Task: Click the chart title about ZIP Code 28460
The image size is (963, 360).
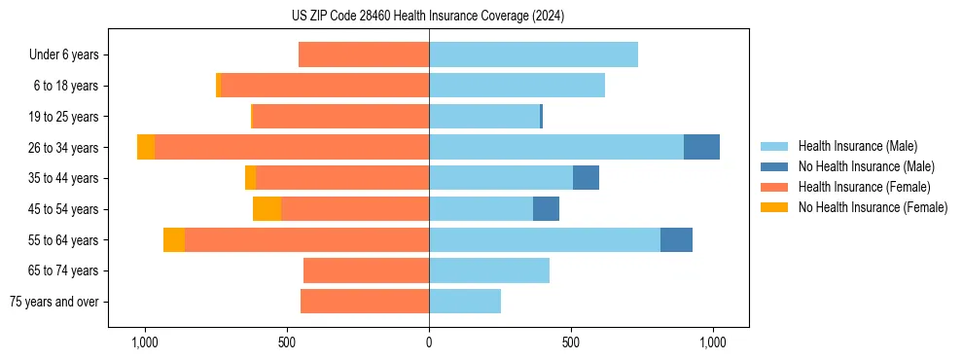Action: (428, 17)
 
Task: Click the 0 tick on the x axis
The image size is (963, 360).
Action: (429, 342)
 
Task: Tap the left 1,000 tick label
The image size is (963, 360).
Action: (144, 342)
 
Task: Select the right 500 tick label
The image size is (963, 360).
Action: (571, 342)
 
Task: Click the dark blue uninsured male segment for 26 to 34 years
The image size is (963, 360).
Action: (701, 147)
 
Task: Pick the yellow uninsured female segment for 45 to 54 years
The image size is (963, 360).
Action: (267, 209)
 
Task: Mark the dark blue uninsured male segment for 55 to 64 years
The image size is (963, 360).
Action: (676, 239)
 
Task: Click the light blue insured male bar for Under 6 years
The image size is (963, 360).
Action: (533, 54)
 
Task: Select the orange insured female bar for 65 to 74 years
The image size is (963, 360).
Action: (366, 270)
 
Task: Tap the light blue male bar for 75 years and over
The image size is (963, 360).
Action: (465, 302)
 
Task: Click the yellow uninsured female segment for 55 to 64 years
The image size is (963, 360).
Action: (174, 239)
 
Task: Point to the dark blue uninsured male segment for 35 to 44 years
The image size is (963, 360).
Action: (586, 178)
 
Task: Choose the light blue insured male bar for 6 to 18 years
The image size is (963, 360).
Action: (517, 86)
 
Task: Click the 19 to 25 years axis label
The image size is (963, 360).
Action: (65, 117)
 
